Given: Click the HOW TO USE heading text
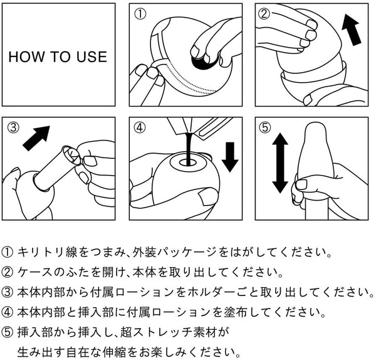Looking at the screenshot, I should tap(58, 56).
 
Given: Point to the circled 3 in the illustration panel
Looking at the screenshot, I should tap(14, 127).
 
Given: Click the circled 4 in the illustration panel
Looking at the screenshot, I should tap(141, 127).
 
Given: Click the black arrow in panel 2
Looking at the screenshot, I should tap(353, 30).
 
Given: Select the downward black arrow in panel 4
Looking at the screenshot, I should tap(230, 156).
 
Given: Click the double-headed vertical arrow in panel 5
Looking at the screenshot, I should tap(279, 164).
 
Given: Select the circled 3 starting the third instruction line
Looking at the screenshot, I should tap(8, 292).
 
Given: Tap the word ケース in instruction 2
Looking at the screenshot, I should tap(34, 273).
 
